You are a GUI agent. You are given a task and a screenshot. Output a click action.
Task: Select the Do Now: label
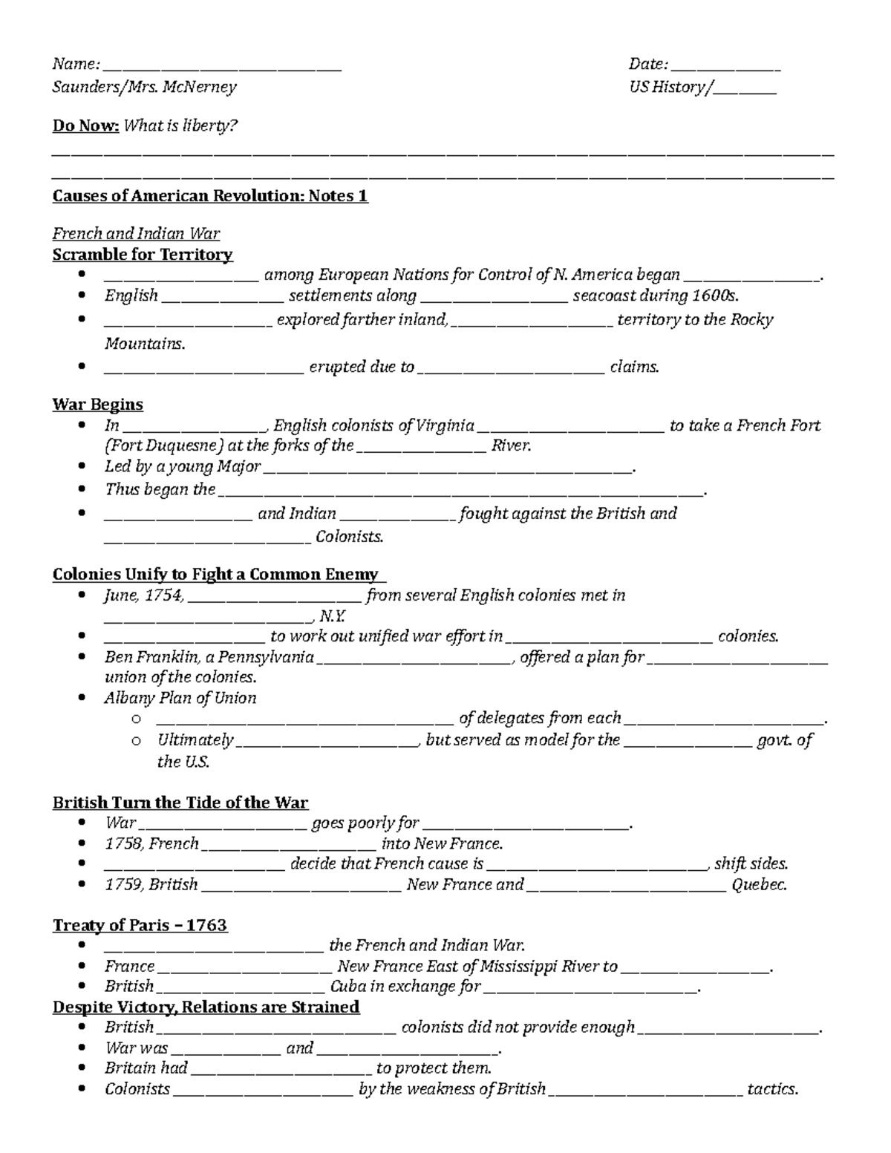click(x=85, y=125)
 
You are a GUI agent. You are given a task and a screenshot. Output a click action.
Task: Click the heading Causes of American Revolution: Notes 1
click(x=210, y=196)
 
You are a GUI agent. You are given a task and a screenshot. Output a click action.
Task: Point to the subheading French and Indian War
click(x=136, y=234)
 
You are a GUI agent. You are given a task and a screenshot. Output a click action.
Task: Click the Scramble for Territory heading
click(x=143, y=255)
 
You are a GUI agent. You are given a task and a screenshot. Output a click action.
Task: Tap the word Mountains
click(x=144, y=344)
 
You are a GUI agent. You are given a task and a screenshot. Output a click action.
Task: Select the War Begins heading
click(x=97, y=405)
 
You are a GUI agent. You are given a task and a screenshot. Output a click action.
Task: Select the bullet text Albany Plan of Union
click(x=180, y=698)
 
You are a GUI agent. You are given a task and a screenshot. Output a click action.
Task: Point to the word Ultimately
click(x=195, y=740)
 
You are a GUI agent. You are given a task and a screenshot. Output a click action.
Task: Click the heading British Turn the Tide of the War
click(x=180, y=803)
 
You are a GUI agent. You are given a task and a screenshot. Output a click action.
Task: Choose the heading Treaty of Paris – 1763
click(x=140, y=925)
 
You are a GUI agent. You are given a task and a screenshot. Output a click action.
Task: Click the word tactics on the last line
click(x=772, y=1089)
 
